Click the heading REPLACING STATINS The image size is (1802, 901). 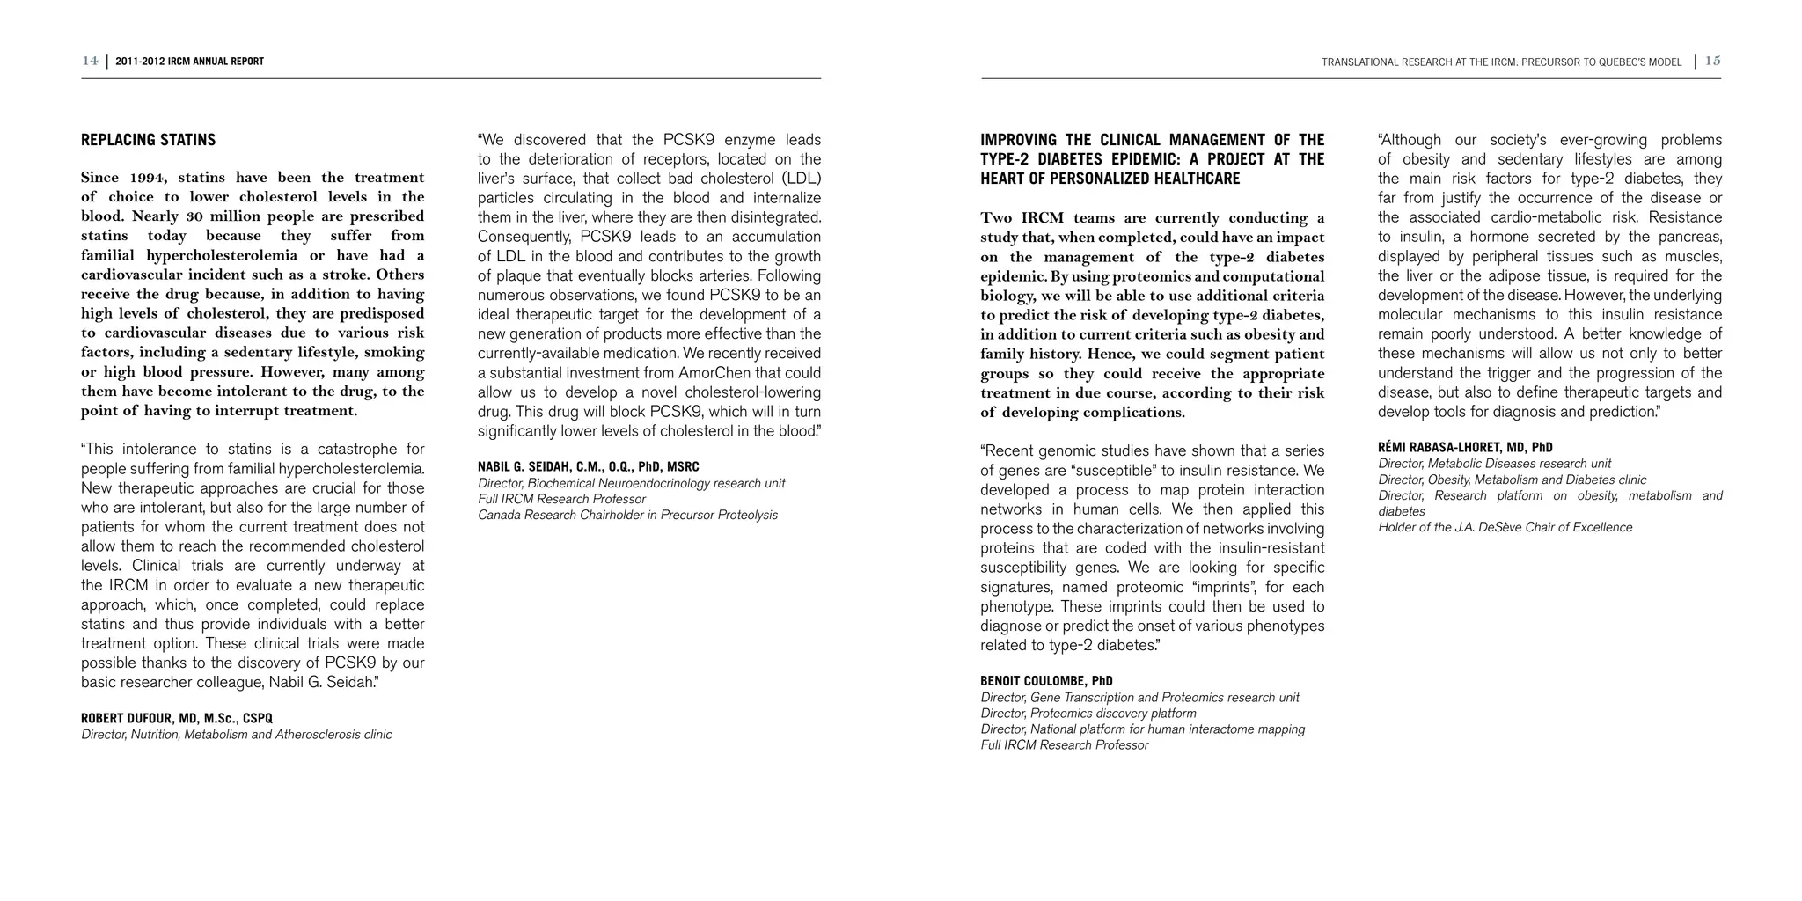148,140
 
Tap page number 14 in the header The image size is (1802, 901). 90,61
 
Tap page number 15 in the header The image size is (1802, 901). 1712,61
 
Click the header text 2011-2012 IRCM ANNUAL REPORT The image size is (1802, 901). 189,62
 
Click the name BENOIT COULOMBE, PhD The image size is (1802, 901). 1046,681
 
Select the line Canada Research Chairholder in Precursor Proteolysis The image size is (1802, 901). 627,515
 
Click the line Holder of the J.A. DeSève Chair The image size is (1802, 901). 1505,527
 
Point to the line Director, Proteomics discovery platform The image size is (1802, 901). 1088,713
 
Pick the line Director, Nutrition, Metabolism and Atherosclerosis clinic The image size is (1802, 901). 236,734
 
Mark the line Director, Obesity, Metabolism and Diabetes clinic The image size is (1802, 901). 1512,480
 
